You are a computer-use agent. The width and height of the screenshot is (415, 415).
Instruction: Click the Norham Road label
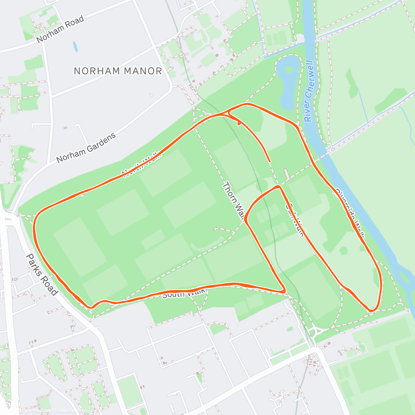pyautogui.click(x=60, y=29)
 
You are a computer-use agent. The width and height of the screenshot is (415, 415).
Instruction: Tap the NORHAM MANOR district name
pyautogui.click(x=118, y=71)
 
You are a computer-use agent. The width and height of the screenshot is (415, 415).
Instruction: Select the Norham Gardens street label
pyautogui.click(x=86, y=148)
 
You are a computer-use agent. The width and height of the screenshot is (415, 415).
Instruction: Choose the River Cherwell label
pyautogui.click(x=309, y=91)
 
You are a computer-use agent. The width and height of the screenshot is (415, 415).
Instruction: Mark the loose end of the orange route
pyautogui.click(x=269, y=162)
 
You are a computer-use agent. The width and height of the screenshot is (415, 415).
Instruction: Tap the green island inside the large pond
pyautogui.click(x=288, y=70)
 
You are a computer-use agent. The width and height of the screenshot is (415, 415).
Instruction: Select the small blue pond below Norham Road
pyautogui.click(x=75, y=47)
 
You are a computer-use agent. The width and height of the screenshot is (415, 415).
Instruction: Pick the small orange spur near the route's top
pyautogui.click(x=239, y=122)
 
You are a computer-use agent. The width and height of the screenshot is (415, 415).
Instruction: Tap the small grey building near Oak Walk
pyautogui.click(x=287, y=174)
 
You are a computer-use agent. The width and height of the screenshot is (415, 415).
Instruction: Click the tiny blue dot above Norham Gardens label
pyautogui.click(x=65, y=128)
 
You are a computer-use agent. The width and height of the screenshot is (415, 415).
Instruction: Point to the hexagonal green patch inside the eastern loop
pyautogui.click(x=344, y=250)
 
